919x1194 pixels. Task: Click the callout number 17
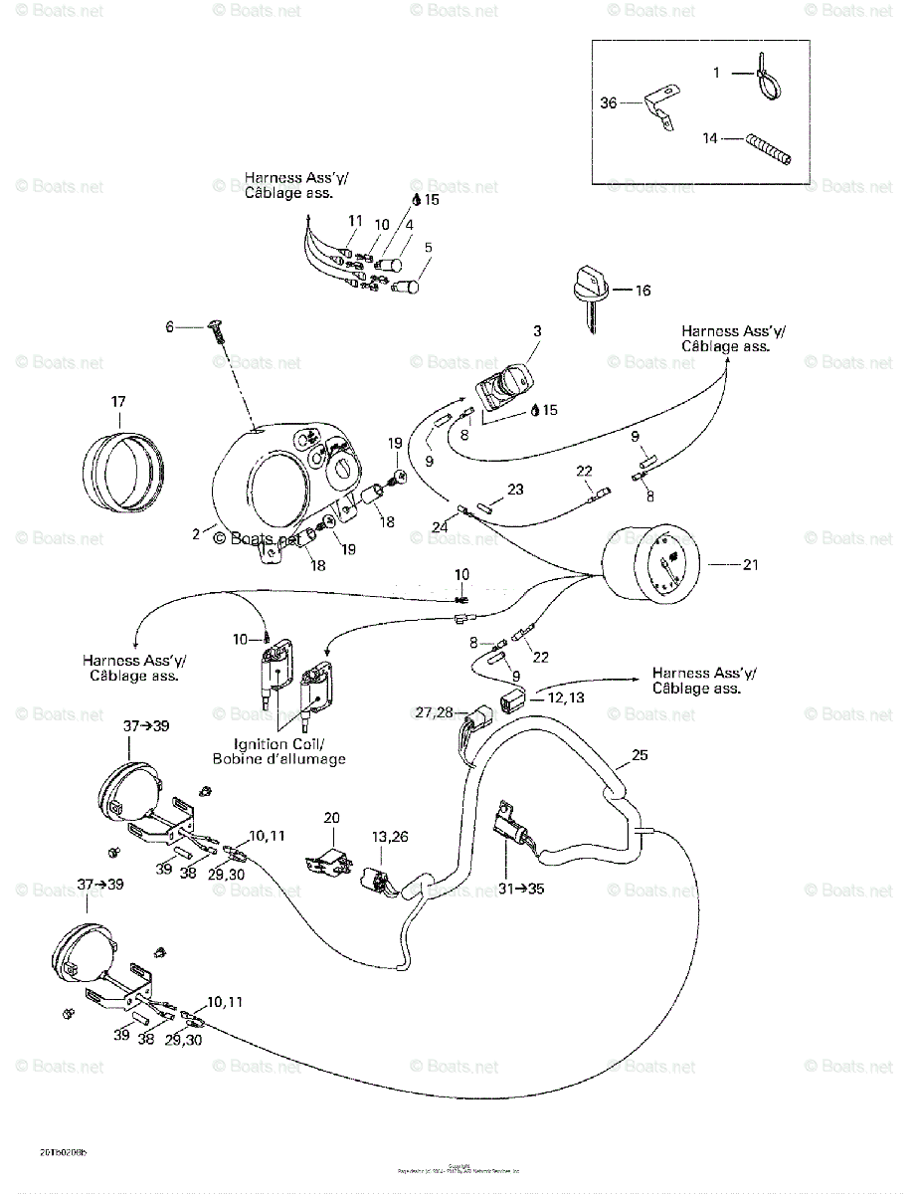118,402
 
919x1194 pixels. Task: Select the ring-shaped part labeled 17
124,468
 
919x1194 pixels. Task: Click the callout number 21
750,564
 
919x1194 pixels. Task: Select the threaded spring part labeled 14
769,150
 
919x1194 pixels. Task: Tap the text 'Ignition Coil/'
276,743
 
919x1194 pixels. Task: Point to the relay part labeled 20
331,858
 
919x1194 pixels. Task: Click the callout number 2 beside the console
196,533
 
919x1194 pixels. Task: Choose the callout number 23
514,489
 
